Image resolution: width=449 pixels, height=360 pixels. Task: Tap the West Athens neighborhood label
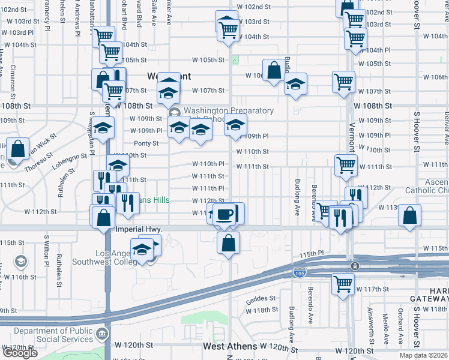230,346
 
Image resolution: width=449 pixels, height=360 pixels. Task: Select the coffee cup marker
224,214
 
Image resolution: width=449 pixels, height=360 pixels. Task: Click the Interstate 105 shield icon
298,274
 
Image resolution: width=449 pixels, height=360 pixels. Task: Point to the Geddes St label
259,298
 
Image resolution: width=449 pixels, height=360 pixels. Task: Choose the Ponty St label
146,143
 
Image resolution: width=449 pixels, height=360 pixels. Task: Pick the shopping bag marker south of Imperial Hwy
229,243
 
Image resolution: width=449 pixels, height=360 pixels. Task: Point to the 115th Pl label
312,254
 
